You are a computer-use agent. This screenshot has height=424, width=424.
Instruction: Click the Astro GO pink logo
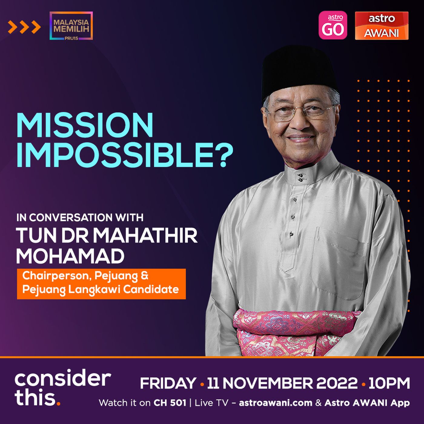[333, 25]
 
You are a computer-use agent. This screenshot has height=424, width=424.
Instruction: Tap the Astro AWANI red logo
[382, 26]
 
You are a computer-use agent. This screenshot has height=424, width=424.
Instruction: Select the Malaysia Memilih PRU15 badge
[71, 26]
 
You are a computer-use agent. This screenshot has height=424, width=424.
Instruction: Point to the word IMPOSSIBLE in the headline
[115, 155]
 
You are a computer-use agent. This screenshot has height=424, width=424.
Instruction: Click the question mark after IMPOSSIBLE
[223, 155]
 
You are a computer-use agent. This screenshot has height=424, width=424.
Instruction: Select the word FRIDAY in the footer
[168, 383]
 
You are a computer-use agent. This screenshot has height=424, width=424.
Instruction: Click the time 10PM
[389, 383]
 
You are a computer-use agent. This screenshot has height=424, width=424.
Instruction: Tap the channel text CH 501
[170, 403]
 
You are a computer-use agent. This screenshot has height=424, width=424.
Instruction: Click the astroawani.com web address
[276, 403]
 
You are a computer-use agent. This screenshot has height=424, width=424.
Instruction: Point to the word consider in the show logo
[63, 379]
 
